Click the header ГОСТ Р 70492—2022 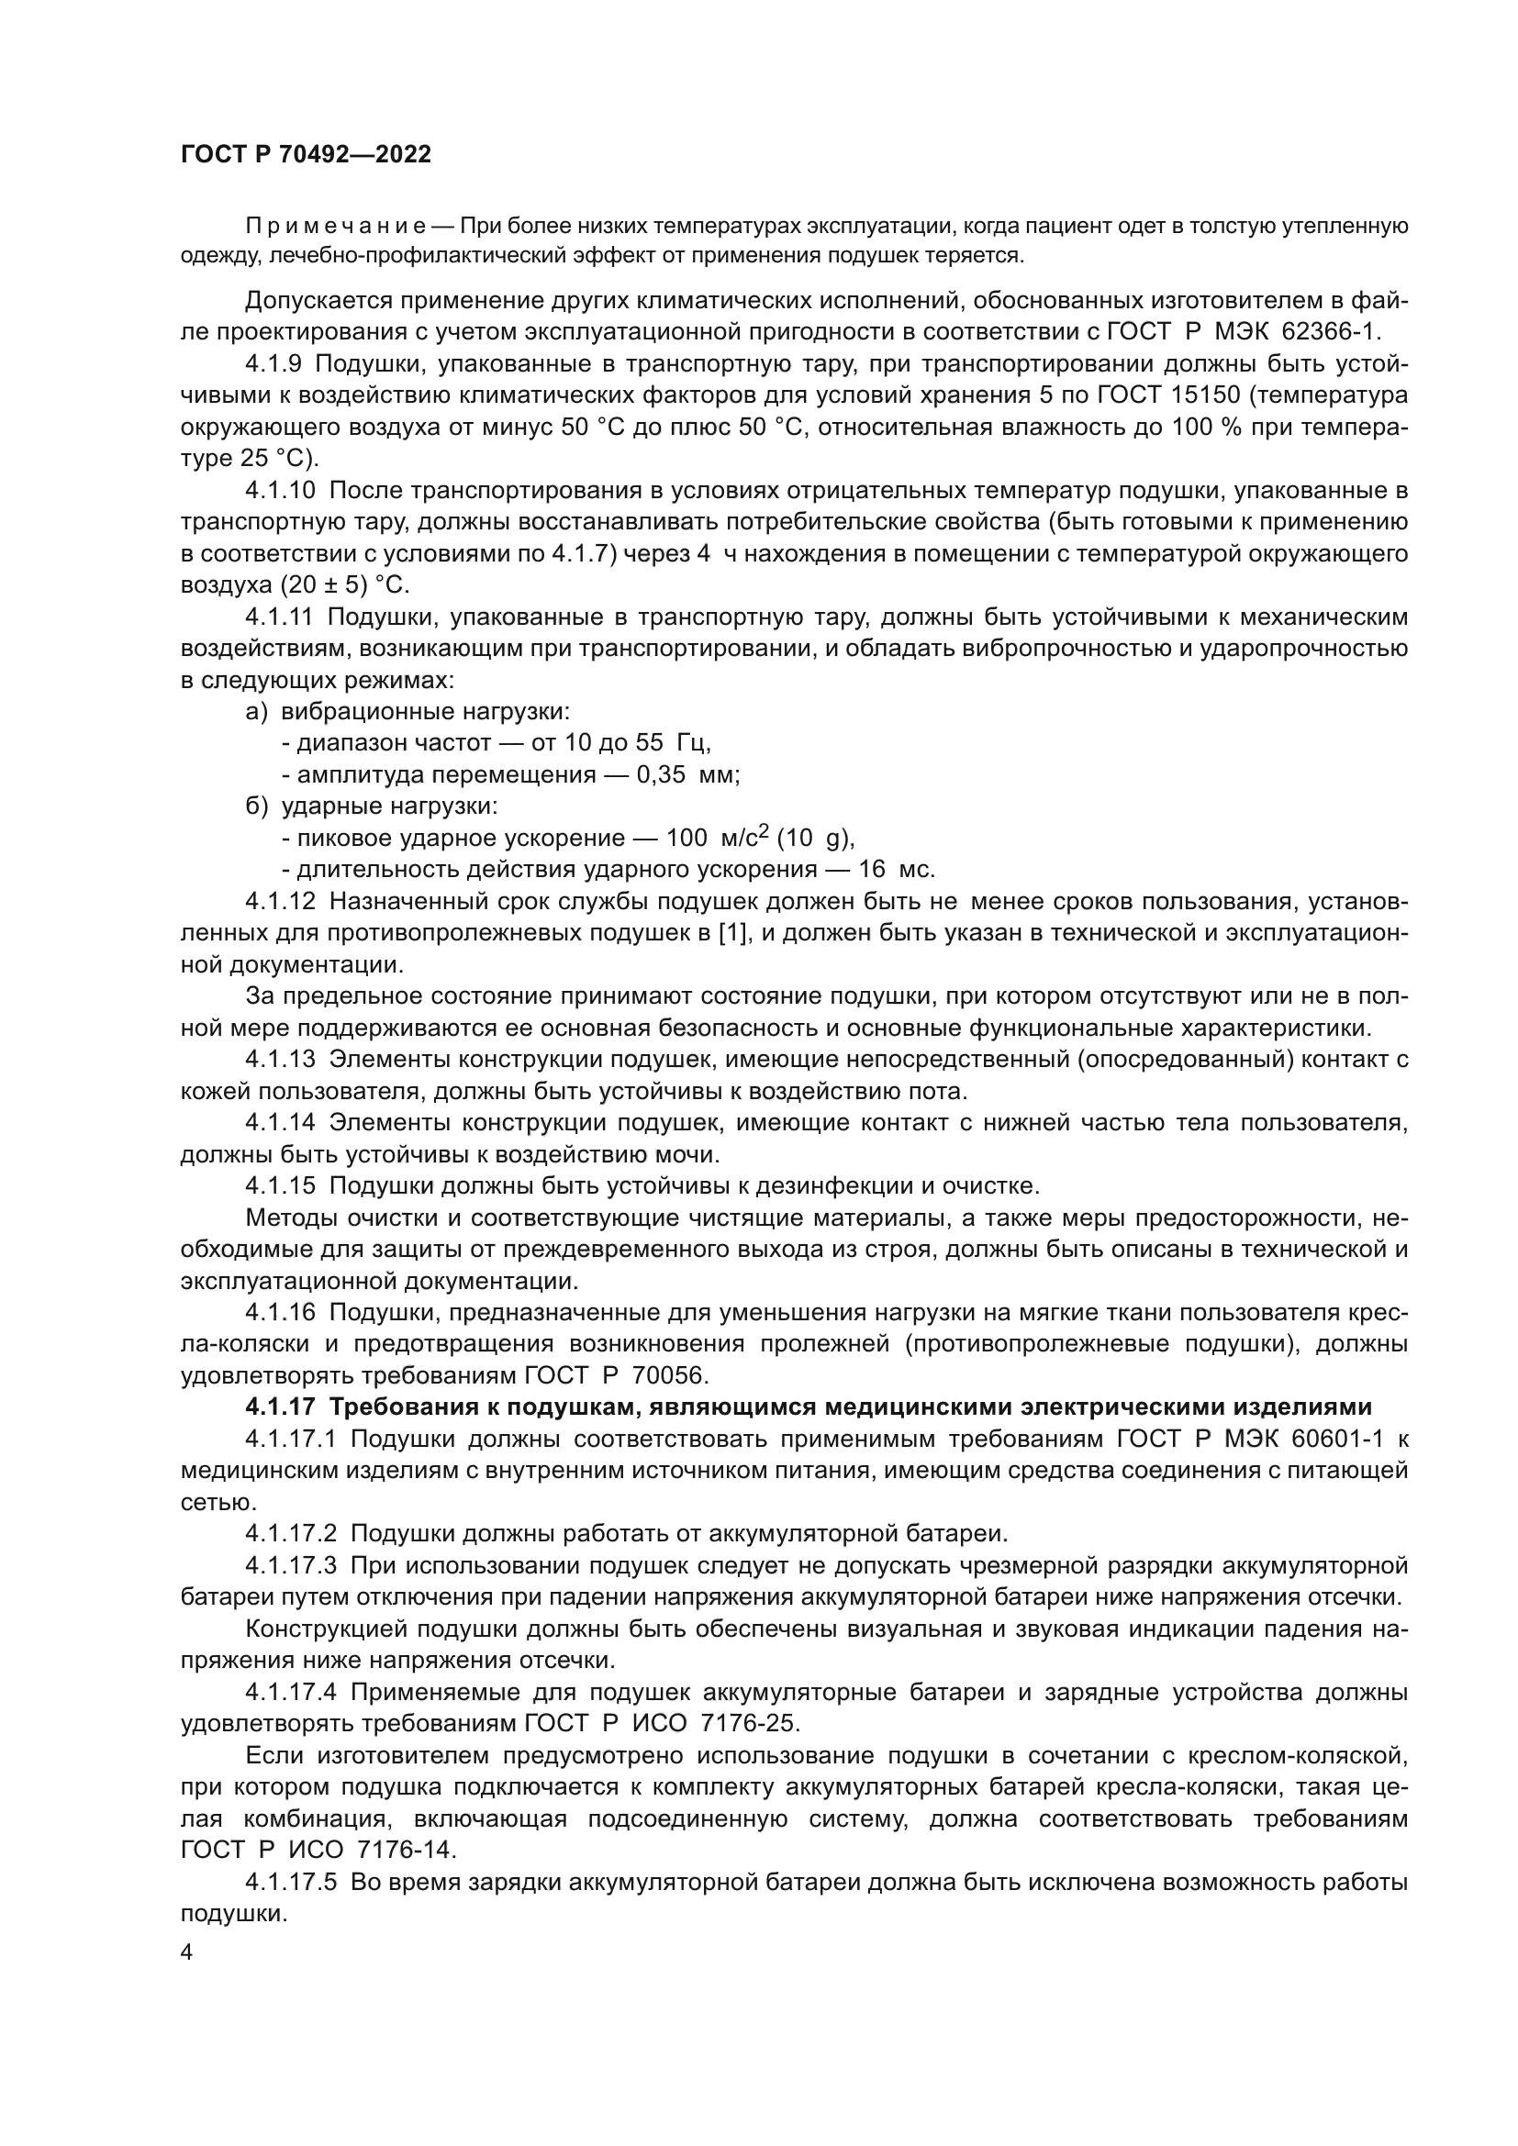click(x=306, y=155)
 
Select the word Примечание click(x=336, y=227)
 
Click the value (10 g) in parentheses click(x=815, y=838)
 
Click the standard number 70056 click(x=671, y=1376)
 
